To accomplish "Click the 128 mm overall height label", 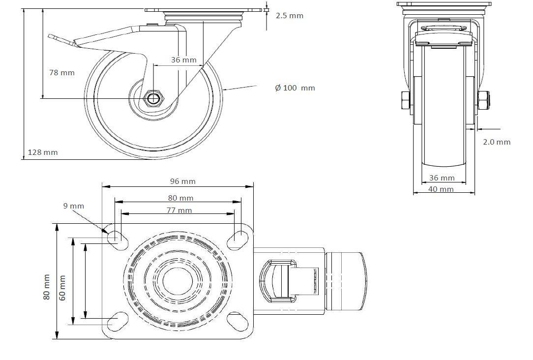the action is pos(43,152).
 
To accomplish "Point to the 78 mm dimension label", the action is pos(62,72).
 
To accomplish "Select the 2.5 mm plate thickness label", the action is pos(289,16).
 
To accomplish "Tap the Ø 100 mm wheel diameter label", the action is pos(295,88).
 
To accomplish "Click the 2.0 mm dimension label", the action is pos(497,142).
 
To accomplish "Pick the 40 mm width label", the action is pos(441,189).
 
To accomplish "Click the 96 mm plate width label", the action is pos(183,181).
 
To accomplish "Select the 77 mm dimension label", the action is pos(179,210).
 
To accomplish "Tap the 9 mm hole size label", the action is pos(73,206).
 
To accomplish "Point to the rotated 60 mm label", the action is pos(62,288).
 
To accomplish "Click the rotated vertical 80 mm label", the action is pos(47,287).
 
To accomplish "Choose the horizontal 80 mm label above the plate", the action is pos(180,198).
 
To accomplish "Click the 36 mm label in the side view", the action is pos(183,60).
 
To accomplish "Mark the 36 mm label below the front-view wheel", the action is pos(442,178).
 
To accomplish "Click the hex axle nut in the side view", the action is pos(153,98).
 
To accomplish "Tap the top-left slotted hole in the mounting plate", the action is pos(118,240).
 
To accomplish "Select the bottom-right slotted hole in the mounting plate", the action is pos(237,321).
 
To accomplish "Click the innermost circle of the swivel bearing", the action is pos(178,281).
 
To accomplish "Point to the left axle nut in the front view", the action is pos(406,100).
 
